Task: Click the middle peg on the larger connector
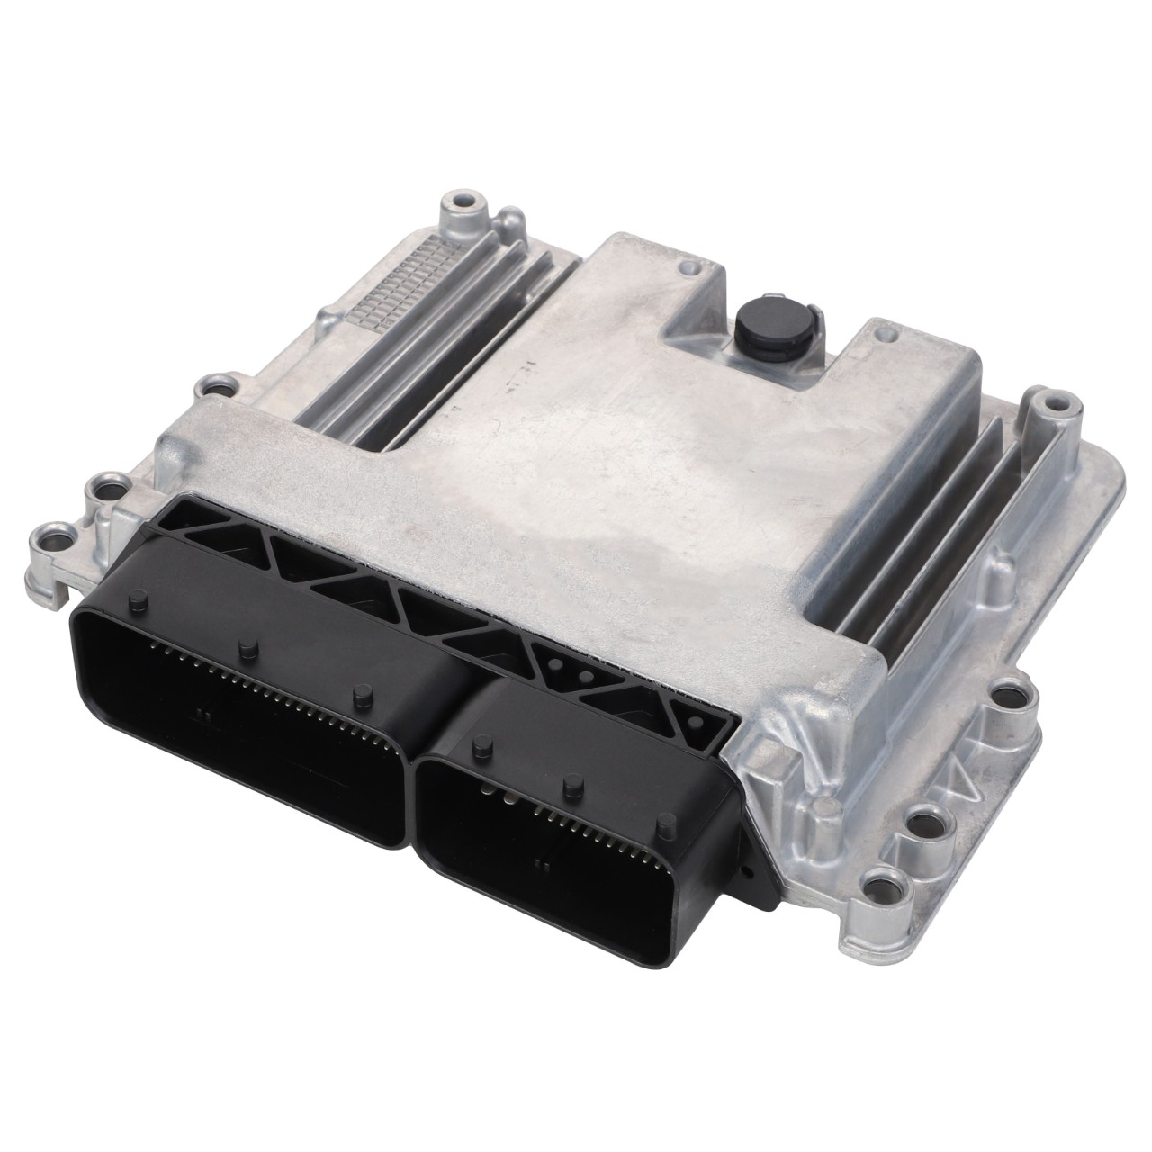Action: coord(244,648)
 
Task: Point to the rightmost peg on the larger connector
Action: coord(362,693)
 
